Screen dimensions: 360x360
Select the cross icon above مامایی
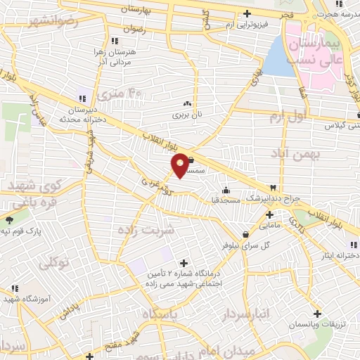tap(268, 214)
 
